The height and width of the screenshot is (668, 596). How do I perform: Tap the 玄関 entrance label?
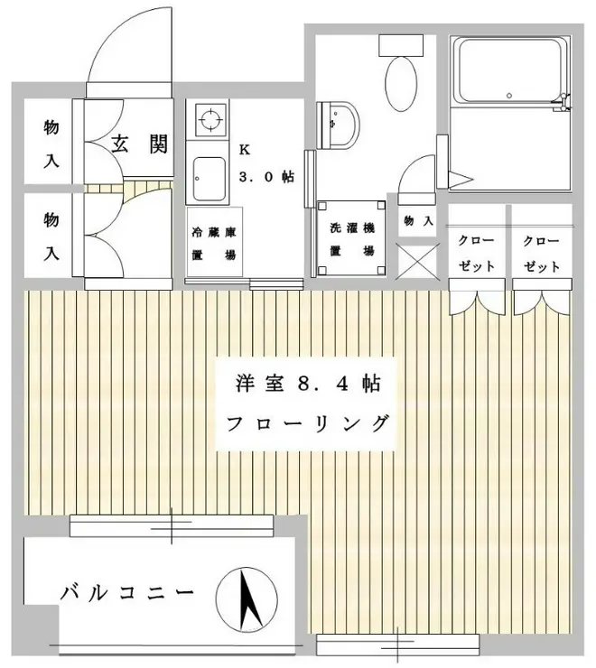tap(140, 144)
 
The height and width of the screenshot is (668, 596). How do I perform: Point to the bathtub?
tap(509, 80)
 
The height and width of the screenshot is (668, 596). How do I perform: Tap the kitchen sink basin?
tap(210, 177)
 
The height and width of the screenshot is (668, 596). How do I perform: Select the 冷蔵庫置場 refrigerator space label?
tap(213, 243)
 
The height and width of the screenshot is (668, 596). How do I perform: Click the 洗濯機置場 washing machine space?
tap(349, 238)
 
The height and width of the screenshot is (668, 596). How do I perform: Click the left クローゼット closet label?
tap(476, 254)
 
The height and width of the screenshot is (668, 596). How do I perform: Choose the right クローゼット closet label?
tap(542, 254)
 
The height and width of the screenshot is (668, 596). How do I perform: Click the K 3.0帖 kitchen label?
tap(265, 164)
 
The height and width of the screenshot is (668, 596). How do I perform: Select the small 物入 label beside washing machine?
tap(418, 220)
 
